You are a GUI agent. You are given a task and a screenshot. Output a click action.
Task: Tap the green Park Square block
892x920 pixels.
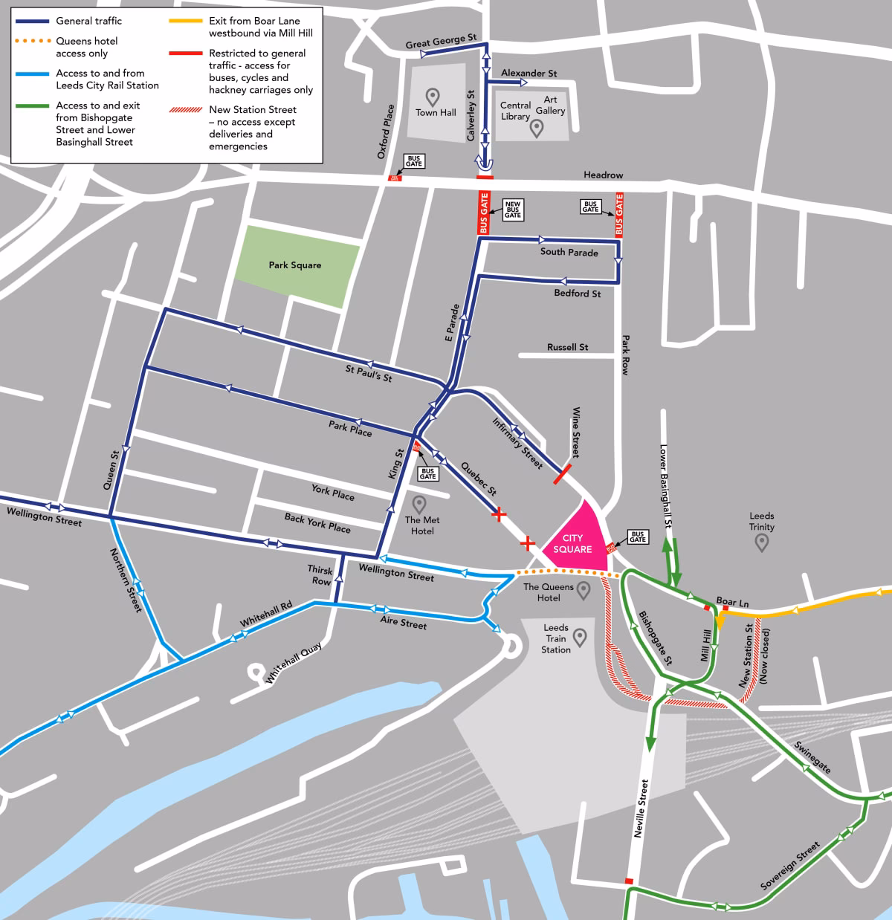coord(297,265)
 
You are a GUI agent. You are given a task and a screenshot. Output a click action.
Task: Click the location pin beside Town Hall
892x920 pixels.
coord(432,97)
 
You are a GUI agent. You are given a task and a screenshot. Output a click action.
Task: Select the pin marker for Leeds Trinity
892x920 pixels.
coord(761,543)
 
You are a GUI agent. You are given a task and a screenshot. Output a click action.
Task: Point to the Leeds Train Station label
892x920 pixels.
coord(555,638)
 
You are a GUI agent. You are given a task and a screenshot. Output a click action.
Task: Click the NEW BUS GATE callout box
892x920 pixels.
coord(513,209)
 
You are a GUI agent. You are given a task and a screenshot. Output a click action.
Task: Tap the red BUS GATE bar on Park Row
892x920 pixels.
coord(619,215)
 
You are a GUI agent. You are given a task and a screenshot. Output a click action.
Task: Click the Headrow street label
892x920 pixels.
coord(603,175)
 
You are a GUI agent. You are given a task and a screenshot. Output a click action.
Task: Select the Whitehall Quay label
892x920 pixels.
coord(294,663)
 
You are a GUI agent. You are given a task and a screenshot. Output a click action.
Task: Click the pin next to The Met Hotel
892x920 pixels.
coord(420,505)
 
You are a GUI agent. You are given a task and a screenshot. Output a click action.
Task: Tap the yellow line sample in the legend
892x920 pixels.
coord(185,21)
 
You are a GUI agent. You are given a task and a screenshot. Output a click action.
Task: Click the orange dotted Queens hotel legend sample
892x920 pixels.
coord(32,41)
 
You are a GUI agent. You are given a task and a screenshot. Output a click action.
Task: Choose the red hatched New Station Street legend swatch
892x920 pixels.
coord(185,110)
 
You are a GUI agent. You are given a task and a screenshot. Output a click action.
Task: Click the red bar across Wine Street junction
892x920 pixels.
coord(563,474)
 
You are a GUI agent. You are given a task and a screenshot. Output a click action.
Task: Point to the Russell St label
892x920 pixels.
coord(567,347)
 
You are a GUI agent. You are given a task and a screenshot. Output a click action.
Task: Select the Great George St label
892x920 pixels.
coord(441,42)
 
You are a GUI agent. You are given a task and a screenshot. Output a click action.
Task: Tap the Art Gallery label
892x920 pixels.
coord(550,105)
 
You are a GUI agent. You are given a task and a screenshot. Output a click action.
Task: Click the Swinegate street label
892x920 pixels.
coord(812,757)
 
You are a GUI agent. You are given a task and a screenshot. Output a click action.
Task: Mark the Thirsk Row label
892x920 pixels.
coord(320,575)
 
